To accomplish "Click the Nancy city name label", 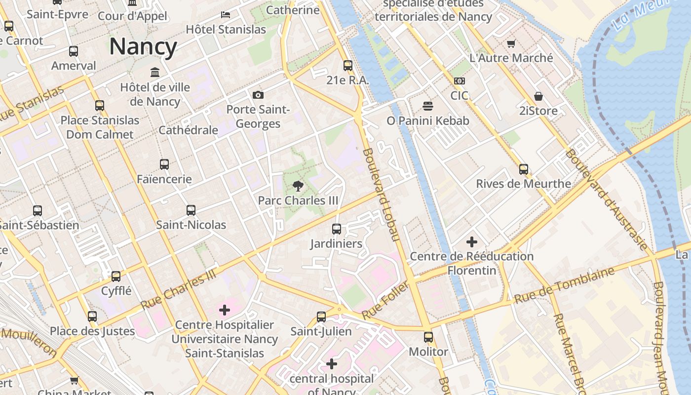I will pyautogui.click(x=143, y=47).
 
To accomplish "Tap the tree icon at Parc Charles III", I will pyautogui.click(x=298, y=186).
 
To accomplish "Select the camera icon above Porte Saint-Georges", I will pyautogui.click(x=258, y=95).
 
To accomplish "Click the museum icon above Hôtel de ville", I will pyautogui.click(x=155, y=73).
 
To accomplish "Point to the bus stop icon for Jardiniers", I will pyautogui.click(x=337, y=229).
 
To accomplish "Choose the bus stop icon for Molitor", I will pyautogui.click(x=428, y=337).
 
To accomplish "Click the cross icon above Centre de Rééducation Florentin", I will pyautogui.click(x=472, y=242).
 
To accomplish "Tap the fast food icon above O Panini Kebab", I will pyautogui.click(x=428, y=106).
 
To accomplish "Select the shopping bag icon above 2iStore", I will pyautogui.click(x=538, y=96).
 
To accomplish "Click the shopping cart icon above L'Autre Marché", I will pyautogui.click(x=511, y=43).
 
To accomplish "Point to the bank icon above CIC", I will pyautogui.click(x=459, y=81).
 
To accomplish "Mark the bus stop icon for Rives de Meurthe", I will pyautogui.click(x=524, y=169).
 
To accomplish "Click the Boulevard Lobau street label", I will pyautogui.click(x=381, y=195).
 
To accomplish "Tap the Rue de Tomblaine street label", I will pyautogui.click(x=564, y=285).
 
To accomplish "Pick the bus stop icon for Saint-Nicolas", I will pyautogui.click(x=191, y=210).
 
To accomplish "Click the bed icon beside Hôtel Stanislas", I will pyautogui.click(x=226, y=15).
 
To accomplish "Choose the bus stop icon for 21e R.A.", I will pyautogui.click(x=348, y=65).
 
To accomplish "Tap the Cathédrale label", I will pyautogui.click(x=188, y=130).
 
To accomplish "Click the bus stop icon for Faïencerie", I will pyautogui.click(x=164, y=164).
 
